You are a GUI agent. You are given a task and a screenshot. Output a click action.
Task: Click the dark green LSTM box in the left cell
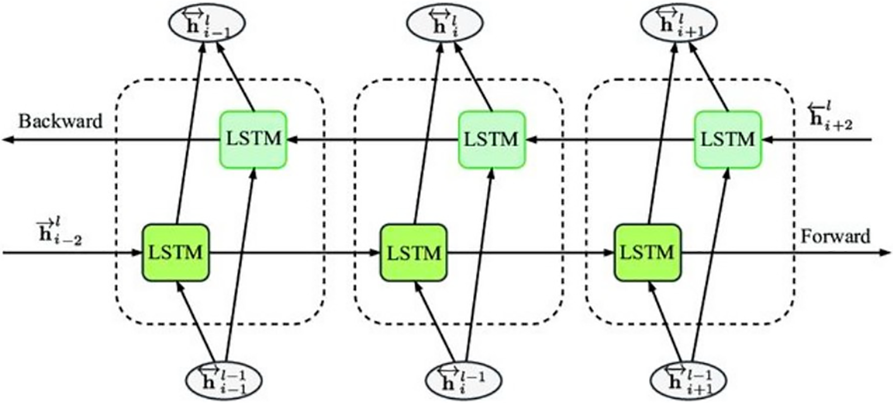(x=175, y=253)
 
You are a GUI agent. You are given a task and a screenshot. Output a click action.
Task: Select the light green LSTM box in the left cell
(x=253, y=139)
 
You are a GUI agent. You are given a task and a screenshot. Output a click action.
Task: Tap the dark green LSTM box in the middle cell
(x=414, y=253)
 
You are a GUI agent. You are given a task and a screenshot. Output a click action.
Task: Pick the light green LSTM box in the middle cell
(x=492, y=139)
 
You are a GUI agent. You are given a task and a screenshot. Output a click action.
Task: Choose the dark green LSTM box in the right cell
(x=647, y=253)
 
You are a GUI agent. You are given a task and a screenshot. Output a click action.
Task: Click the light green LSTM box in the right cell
(x=728, y=139)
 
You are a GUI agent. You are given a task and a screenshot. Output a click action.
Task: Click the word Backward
(x=60, y=121)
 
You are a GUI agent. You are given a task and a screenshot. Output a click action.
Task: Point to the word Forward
(x=836, y=236)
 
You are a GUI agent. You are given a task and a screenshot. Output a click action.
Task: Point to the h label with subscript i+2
(x=832, y=117)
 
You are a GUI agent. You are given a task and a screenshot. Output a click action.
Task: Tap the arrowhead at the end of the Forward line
(x=885, y=253)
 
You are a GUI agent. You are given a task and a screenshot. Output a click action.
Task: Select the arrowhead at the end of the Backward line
(x=8, y=140)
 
